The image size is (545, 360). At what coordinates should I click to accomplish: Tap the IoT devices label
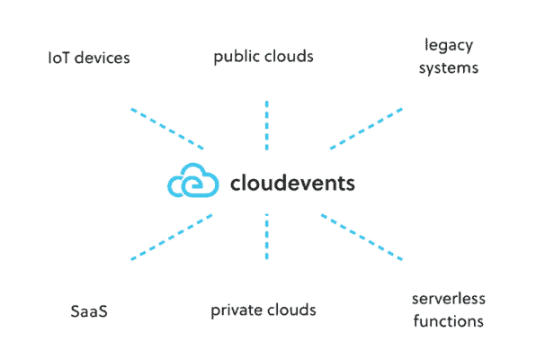[89, 58]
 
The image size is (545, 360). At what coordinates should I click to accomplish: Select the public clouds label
[264, 57]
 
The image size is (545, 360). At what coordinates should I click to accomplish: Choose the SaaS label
[89, 312]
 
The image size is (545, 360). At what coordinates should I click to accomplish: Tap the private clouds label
[264, 310]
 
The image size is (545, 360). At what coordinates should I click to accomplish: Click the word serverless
[448, 299]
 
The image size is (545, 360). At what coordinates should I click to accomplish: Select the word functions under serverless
[448, 321]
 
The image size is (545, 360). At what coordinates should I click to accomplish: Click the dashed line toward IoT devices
[166, 129]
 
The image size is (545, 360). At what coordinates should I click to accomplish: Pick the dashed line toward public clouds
[267, 125]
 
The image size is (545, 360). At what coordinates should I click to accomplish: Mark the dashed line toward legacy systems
[366, 129]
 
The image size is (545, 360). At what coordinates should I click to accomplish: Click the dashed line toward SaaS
[171, 237]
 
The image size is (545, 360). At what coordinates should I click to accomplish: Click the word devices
[103, 58]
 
